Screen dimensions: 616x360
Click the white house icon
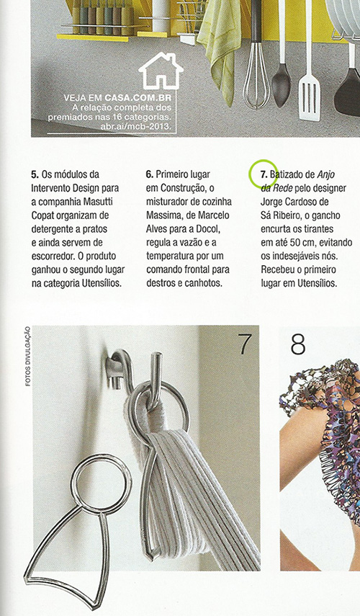[160, 72]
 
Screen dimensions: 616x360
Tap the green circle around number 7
[263, 174]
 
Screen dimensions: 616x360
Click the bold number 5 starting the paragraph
[35, 175]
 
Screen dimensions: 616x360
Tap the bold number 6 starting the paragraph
[149, 175]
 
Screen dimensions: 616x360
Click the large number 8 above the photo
[298, 344]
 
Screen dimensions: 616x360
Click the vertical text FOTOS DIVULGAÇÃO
[27, 357]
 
